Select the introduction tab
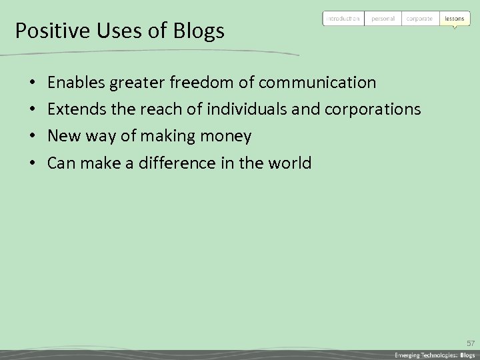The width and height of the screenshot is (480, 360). [343, 19]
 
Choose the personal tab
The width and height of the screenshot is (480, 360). [383, 19]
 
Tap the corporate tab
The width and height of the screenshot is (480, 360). [420, 19]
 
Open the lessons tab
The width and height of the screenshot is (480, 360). [454, 19]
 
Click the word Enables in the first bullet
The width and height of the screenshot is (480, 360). [77, 83]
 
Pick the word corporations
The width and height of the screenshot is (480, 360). [373, 109]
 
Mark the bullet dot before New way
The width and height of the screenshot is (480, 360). [33, 137]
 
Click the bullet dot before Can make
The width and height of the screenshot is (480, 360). [33, 163]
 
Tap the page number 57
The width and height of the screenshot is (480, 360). [470, 343]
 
